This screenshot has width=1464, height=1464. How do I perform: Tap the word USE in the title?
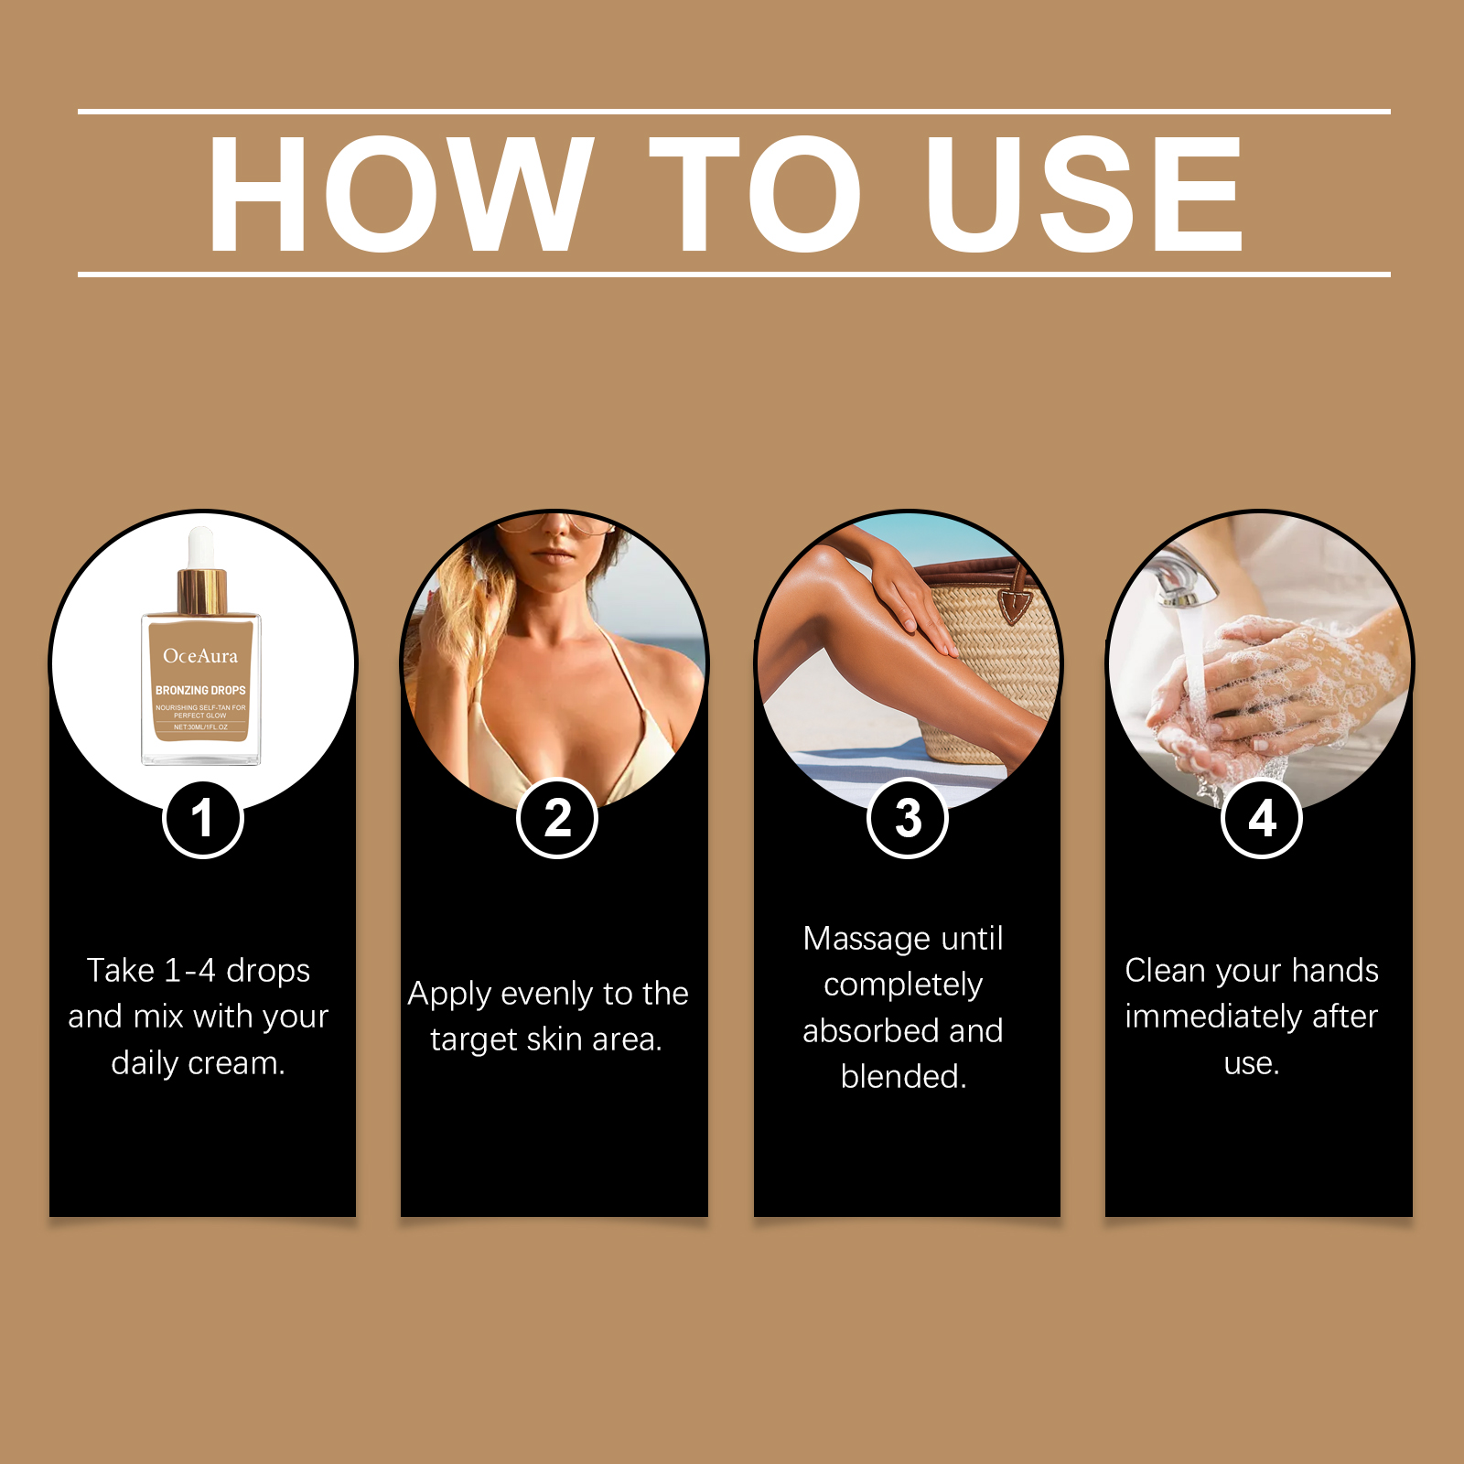(x=1084, y=193)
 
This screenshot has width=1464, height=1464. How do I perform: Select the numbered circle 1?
(x=203, y=818)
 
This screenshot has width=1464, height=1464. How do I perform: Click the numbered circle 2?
(x=557, y=818)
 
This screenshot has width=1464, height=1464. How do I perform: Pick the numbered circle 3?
(x=908, y=818)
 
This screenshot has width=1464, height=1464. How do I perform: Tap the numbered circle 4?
(x=1262, y=818)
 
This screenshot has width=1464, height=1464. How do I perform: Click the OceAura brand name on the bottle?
(x=200, y=656)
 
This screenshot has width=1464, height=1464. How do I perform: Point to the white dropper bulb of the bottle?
(x=201, y=547)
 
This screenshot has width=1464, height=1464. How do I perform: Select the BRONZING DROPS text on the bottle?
(x=200, y=690)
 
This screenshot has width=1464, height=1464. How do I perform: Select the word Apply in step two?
(x=450, y=995)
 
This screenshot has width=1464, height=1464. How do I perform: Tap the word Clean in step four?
(x=1166, y=970)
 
